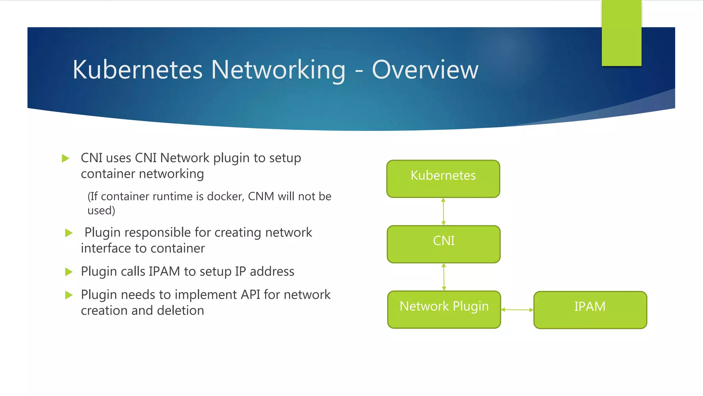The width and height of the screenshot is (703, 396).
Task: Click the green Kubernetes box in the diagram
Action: [443, 179]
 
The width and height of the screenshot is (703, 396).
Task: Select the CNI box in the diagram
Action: [443, 244]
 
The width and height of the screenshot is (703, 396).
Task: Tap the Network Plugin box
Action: [444, 309]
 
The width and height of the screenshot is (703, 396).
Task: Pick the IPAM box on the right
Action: [590, 310]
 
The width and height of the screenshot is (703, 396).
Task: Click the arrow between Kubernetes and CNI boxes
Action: [443, 211]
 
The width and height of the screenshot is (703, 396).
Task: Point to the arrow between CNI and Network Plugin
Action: [444, 277]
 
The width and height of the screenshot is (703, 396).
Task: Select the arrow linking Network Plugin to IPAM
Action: [517, 310]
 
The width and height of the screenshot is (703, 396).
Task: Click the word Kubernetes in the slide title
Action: [138, 70]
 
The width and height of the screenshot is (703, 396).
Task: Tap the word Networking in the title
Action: [278, 70]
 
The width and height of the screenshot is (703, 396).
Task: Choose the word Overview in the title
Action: [425, 70]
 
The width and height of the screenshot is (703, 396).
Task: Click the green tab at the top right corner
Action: [621, 33]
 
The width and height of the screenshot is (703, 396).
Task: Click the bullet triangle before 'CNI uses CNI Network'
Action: [66, 158]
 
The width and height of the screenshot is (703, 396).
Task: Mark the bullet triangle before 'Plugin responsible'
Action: [69, 233]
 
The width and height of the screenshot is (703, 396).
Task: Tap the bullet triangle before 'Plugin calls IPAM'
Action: [69, 272]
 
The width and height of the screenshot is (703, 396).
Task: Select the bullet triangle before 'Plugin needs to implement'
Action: [69, 295]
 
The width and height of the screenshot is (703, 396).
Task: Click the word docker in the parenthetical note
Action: [225, 196]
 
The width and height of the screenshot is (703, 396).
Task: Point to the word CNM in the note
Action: [261, 196]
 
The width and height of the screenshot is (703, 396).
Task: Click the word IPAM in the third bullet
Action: [164, 272]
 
